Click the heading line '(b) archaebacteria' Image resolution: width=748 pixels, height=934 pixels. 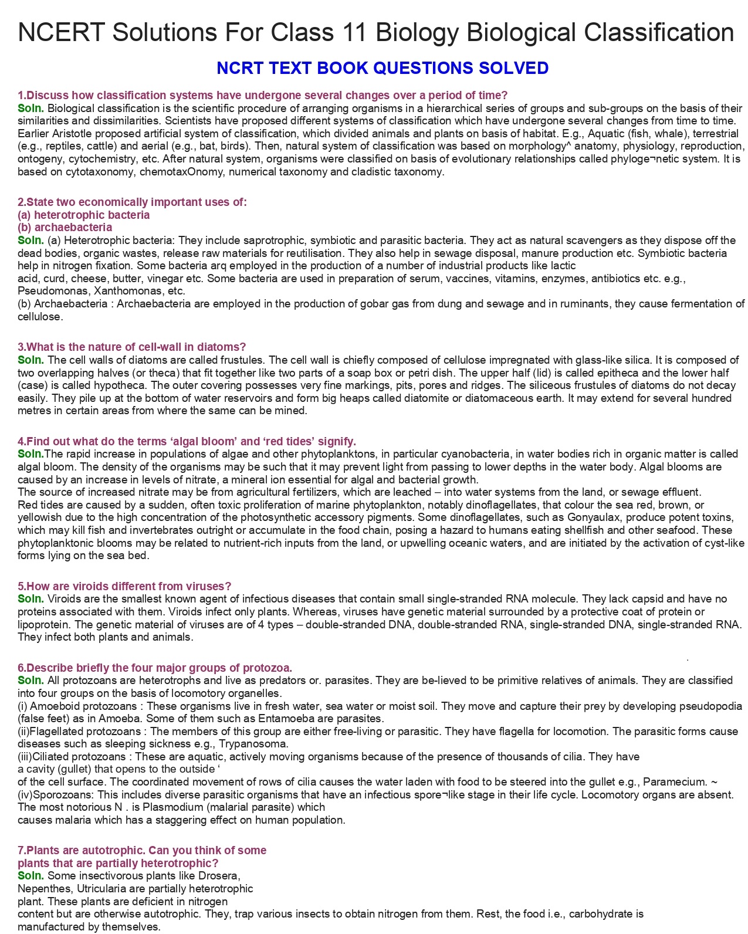(x=65, y=228)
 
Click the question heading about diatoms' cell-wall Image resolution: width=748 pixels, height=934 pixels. (x=132, y=347)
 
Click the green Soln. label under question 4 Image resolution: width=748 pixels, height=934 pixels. (x=31, y=454)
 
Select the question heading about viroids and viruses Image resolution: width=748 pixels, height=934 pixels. (x=124, y=586)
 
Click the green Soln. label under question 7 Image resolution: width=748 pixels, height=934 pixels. (x=31, y=876)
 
